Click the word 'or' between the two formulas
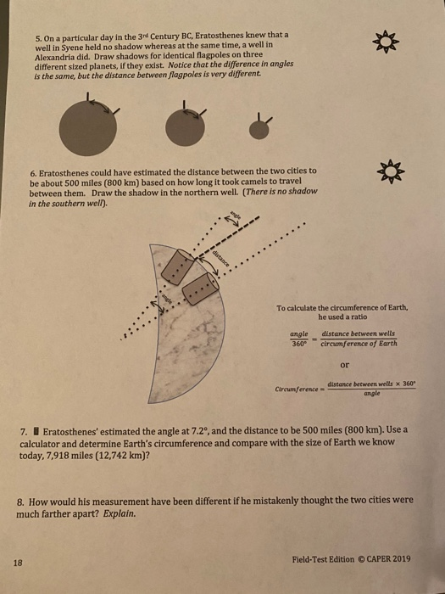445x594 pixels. click(x=344, y=367)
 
